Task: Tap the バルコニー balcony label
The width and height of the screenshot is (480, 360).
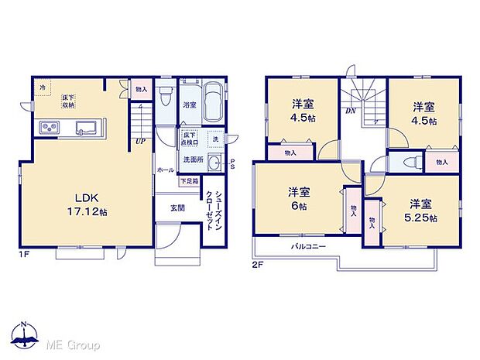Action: [x=308, y=246]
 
